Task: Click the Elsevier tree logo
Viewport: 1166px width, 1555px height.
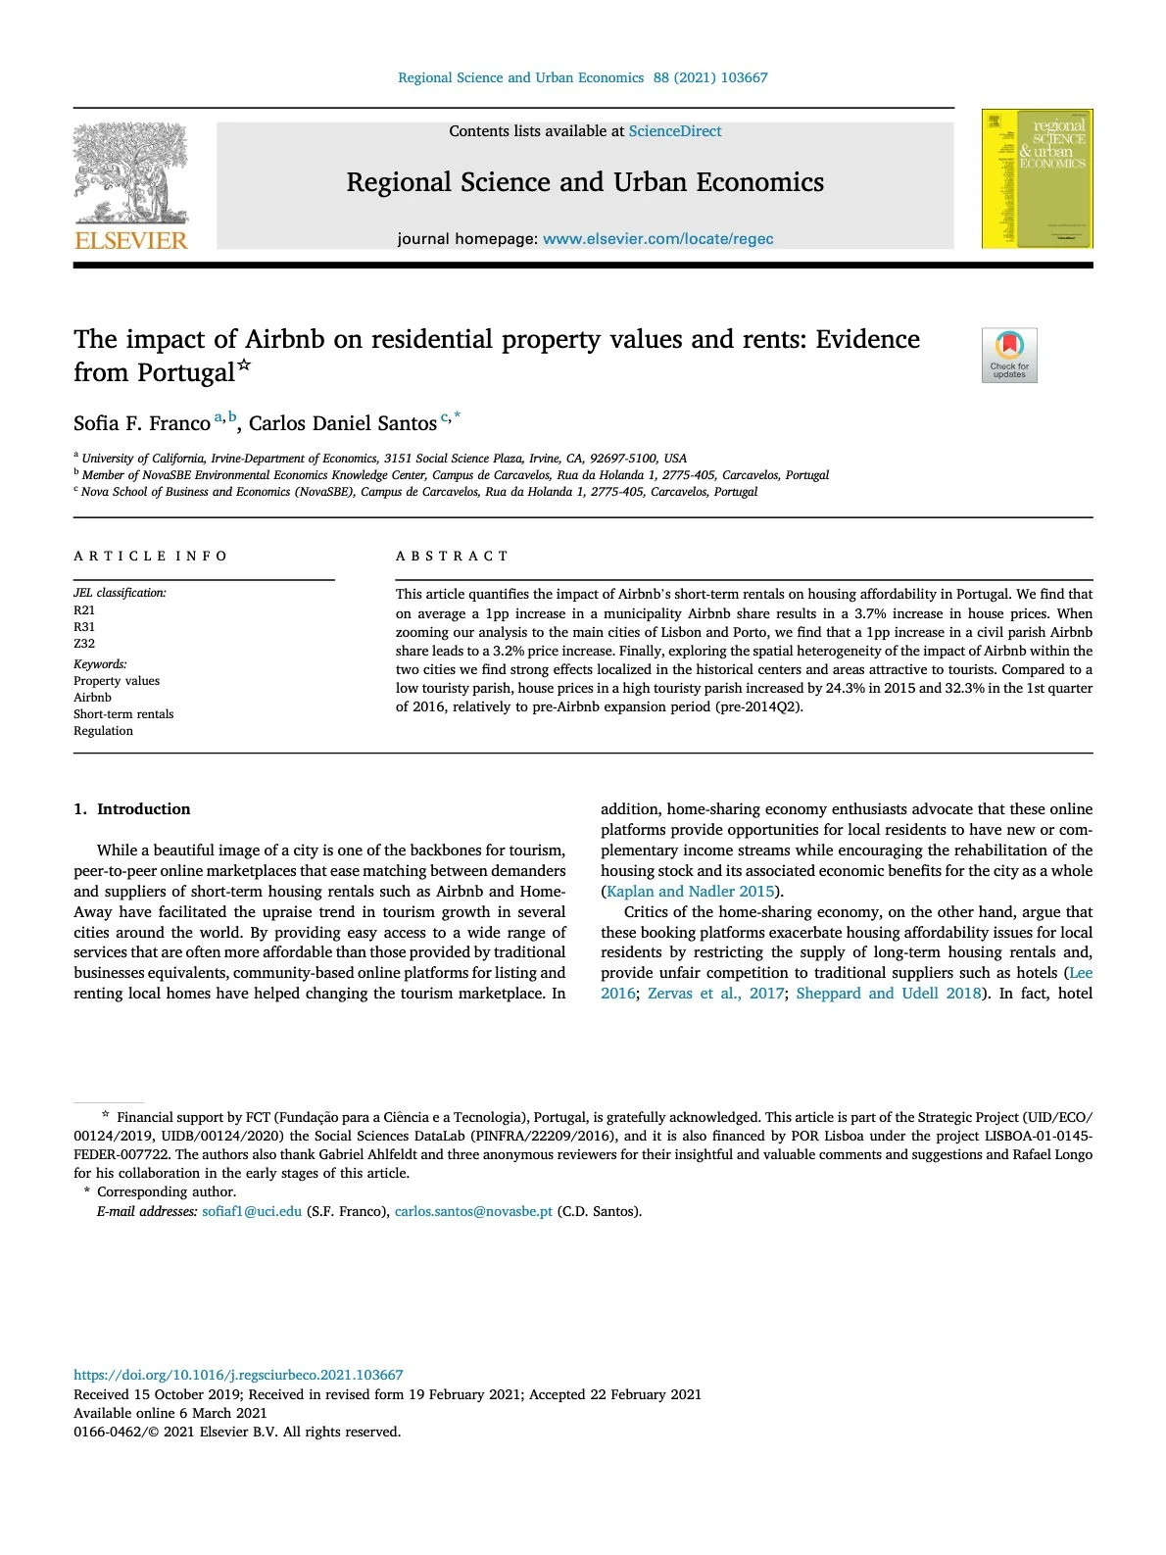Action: tap(130, 176)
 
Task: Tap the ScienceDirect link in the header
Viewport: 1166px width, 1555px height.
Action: tap(674, 131)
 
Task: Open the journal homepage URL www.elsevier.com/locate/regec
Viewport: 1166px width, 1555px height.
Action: tap(657, 239)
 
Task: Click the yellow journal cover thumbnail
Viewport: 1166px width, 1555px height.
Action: tap(1037, 178)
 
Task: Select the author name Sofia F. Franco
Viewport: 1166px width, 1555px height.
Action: tap(142, 423)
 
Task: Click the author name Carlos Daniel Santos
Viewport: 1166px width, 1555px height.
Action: tap(342, 423)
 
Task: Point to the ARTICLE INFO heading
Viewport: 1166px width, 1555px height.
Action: tap(150, 557)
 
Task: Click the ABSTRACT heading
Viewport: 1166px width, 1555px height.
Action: tap(452, 557)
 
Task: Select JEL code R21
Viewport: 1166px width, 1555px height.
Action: tap(84, 610)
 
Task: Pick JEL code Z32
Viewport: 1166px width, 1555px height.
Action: tap(84, 644)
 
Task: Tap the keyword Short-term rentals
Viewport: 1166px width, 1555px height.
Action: tap(123, 714)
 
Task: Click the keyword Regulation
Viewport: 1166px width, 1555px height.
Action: tap(103, 731)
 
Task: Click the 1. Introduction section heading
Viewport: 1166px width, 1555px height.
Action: tap(132, 809)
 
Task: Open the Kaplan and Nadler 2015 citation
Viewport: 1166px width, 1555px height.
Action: tap(691, 892)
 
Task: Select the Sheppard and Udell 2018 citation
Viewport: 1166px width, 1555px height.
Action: tap(888, 994)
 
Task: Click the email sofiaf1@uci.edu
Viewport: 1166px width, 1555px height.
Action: tap(252, 1212)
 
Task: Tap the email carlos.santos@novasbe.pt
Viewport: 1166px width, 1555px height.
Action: tap(473, 1212)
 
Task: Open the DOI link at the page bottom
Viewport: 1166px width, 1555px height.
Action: tap(238, 1375)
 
